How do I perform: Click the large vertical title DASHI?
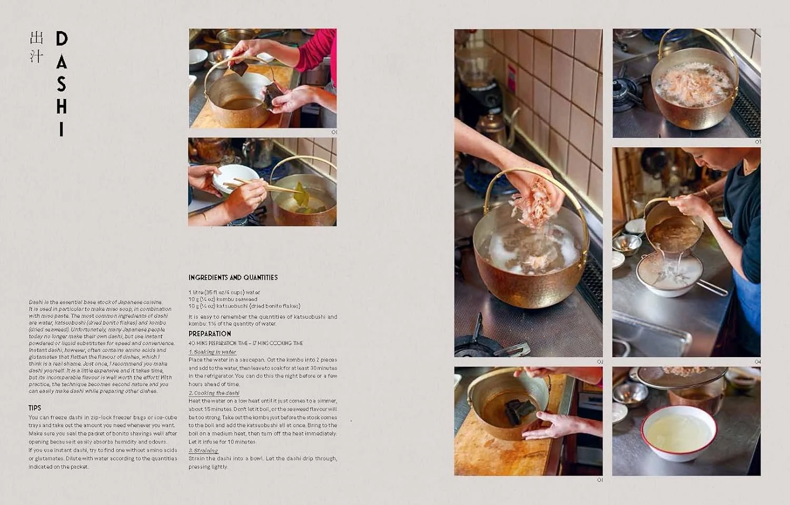pyautogui.click(x=62, y=84)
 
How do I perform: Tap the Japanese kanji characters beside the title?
pyautogui.click(x=36, y=47)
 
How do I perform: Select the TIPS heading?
pyautogui.click(x=35, y=408)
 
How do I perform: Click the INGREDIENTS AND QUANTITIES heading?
pyautogui.click(x=233, y=277)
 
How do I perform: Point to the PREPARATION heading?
pyautogui.click(x=210, y=334)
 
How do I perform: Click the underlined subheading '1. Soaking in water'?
pyautogui.click(x=213, y=352)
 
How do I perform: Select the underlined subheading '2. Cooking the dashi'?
pyautogui.click(x=214, y=393)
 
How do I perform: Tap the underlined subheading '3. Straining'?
pyautogui.click(x=203, y=451)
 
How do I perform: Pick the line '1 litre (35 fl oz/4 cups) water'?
pyautogui.click(x=224, y=292)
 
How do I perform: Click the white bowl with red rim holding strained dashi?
pyautogui.click(x=679, y=432)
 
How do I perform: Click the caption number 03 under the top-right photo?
pyautogui.click(x=758, y=142)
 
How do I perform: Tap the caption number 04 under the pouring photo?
pyautogui.click(x=758, y=362)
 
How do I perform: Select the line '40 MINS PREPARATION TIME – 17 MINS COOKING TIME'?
pyautogui.click(x=245, y=343)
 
